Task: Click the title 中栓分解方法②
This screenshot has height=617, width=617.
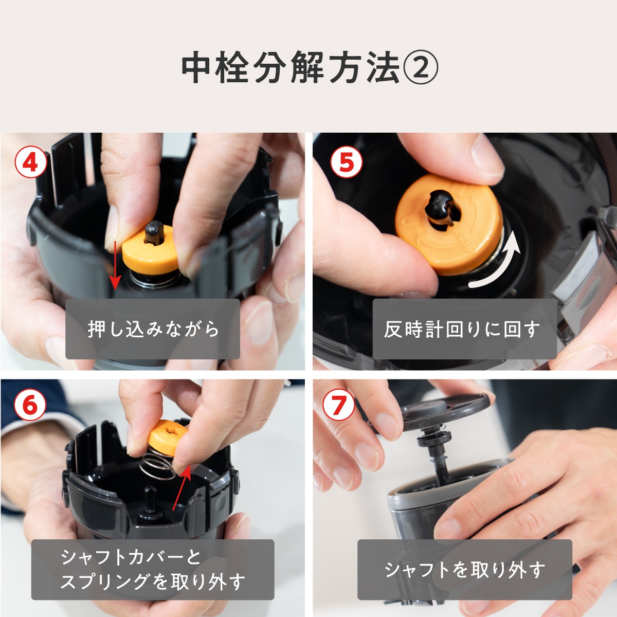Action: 308,68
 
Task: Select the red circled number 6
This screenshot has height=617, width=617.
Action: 30,406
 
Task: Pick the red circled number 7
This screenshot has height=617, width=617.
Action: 338,406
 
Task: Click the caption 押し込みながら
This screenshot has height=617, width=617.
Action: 153,329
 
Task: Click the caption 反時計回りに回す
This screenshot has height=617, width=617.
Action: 464,329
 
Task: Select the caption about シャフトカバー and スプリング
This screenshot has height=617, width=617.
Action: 153,570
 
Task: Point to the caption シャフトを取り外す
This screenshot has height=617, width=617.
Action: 464,570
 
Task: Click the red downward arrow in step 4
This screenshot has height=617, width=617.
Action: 116,262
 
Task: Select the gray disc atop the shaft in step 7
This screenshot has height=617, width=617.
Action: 442,406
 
